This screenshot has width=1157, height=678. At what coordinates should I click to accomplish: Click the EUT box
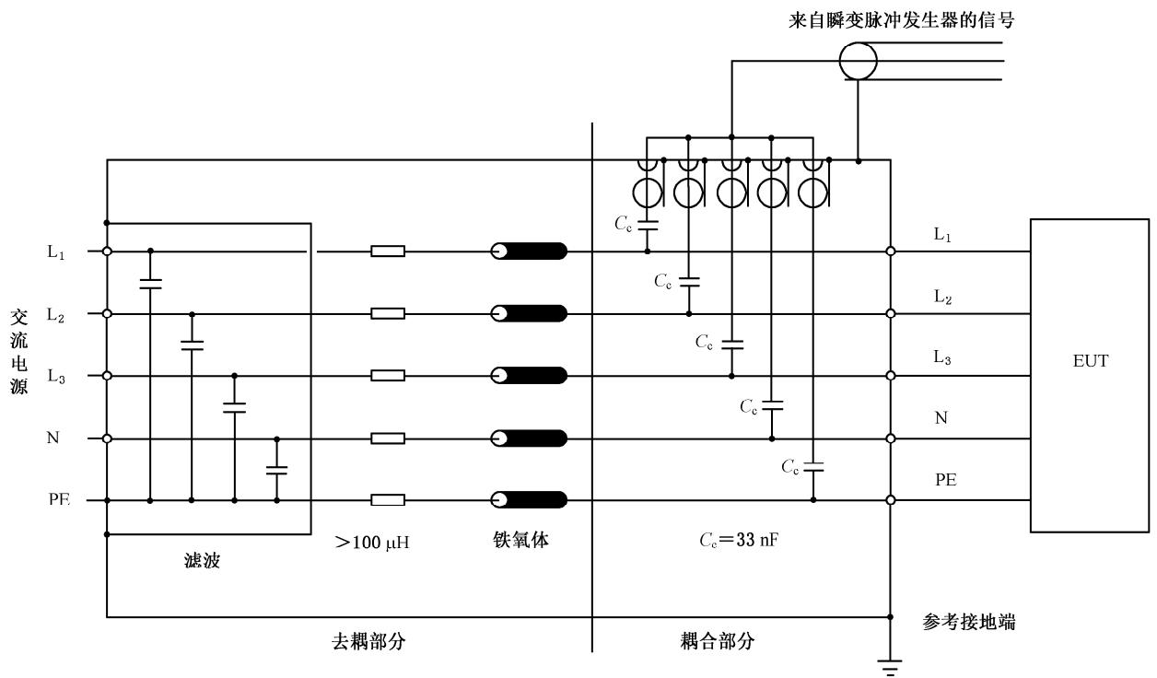click(1089, 375)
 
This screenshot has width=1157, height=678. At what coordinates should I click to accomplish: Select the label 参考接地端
click(969, 623)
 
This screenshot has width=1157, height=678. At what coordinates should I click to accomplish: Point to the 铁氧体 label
click(520, 541)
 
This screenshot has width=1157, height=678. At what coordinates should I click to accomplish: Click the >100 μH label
click(373, 543)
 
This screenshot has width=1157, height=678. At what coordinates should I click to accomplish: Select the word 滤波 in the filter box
click(202, 560)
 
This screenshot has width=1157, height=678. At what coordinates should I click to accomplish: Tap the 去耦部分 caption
click(367, 641)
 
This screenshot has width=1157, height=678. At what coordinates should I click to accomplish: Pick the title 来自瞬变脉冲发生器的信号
click(902, 20)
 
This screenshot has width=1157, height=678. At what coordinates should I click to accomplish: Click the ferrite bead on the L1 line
click(529, 251)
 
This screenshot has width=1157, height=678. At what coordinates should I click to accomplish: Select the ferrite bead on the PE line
click(529, 500)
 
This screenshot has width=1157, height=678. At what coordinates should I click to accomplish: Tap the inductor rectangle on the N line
click(387, 438)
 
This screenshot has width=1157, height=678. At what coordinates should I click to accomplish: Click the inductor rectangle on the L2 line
click(387, 313)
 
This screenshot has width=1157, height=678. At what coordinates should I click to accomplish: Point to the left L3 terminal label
click(56, 377)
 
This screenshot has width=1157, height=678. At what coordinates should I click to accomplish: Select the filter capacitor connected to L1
click(150, 283)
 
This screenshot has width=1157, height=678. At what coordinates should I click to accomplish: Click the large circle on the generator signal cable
click(859, 62)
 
